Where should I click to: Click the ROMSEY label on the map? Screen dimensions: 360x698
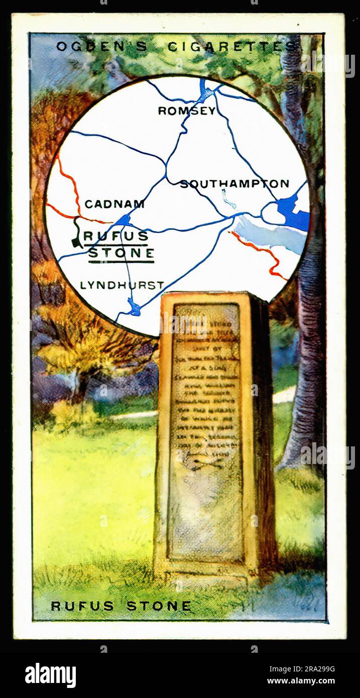186,111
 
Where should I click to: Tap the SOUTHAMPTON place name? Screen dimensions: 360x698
234,184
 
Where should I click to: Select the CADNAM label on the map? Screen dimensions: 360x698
114,204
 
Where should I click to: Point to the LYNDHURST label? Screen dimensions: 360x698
122,285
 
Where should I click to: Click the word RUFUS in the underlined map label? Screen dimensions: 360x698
116,236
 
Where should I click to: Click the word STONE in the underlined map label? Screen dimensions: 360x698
121,254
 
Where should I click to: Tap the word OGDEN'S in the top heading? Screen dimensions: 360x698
101,47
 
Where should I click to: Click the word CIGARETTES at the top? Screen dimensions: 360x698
231,47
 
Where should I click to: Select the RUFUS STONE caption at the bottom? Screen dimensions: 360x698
121,606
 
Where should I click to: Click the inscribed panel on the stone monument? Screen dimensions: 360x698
205,432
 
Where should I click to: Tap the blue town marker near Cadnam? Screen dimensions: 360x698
123,220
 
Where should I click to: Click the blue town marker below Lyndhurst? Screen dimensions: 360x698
134,307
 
